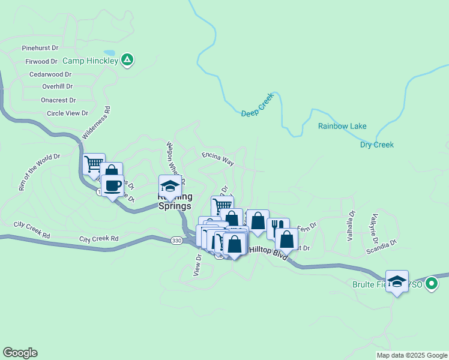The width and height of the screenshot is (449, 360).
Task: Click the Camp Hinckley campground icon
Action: (x=127, y=59)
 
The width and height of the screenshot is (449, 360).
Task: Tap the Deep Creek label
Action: (x=258, y=105)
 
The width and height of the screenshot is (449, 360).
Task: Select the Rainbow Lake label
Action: (x=342, y=126)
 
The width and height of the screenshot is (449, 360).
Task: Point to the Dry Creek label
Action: (x=376, y=145)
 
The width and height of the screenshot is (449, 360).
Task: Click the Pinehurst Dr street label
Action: (x=40, y=47)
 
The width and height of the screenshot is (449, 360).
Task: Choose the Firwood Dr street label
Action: (x=41, y=61)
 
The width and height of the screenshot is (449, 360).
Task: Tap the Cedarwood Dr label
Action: (x=50, y=74)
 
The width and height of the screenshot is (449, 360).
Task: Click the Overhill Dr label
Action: (x=57, y=86)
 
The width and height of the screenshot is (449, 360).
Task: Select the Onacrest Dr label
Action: (x=58, y=100)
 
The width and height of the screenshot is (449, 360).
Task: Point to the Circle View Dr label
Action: (x=67, y=113)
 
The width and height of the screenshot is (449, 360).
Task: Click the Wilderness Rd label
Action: (x=97, y=123)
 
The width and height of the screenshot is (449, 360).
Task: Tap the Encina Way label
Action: (x=217, y=158)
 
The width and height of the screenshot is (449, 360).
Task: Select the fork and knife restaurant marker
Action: (x=277, y=227)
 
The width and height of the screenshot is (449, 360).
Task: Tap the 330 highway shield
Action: (x=176, y=240)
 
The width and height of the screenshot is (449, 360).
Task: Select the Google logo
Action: (x=20, y=353)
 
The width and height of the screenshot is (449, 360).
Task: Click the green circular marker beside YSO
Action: (x=431, y=284)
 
